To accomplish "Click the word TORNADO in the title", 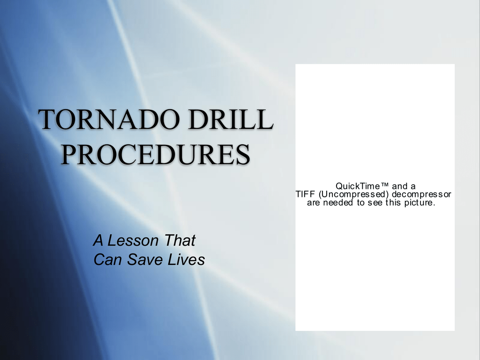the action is point(109,120).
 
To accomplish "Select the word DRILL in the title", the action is point(230,120).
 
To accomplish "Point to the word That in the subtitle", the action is point(180,240).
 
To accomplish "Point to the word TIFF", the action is point(305,195).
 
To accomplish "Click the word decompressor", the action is point(421,195).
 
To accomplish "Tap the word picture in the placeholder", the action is point(420,203).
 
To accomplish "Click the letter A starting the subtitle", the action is point(98,240).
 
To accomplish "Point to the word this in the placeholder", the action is point(393,202).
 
